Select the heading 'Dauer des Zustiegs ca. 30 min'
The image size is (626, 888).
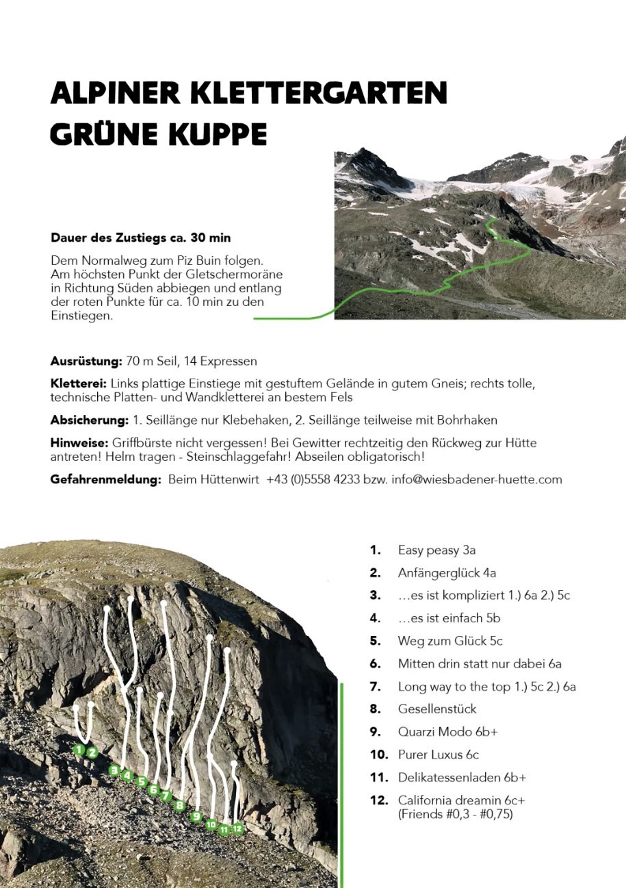coord(140,238)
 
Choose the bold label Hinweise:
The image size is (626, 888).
coord(77,443)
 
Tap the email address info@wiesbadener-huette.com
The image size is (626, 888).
coord(476,479)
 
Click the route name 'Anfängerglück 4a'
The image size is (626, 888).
coord(452,572)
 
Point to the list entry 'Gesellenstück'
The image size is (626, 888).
coord(437,709)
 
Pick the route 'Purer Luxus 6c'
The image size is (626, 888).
coord(438,754)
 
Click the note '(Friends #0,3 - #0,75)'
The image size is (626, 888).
coord(456,814)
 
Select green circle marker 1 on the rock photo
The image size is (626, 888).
coord(79,750)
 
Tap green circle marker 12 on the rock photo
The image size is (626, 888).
coord(237,828)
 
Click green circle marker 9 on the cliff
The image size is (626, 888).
coord(196,816)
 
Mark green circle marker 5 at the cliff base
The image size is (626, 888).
coord(142,781)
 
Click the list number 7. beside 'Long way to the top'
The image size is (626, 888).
coord(375,686)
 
